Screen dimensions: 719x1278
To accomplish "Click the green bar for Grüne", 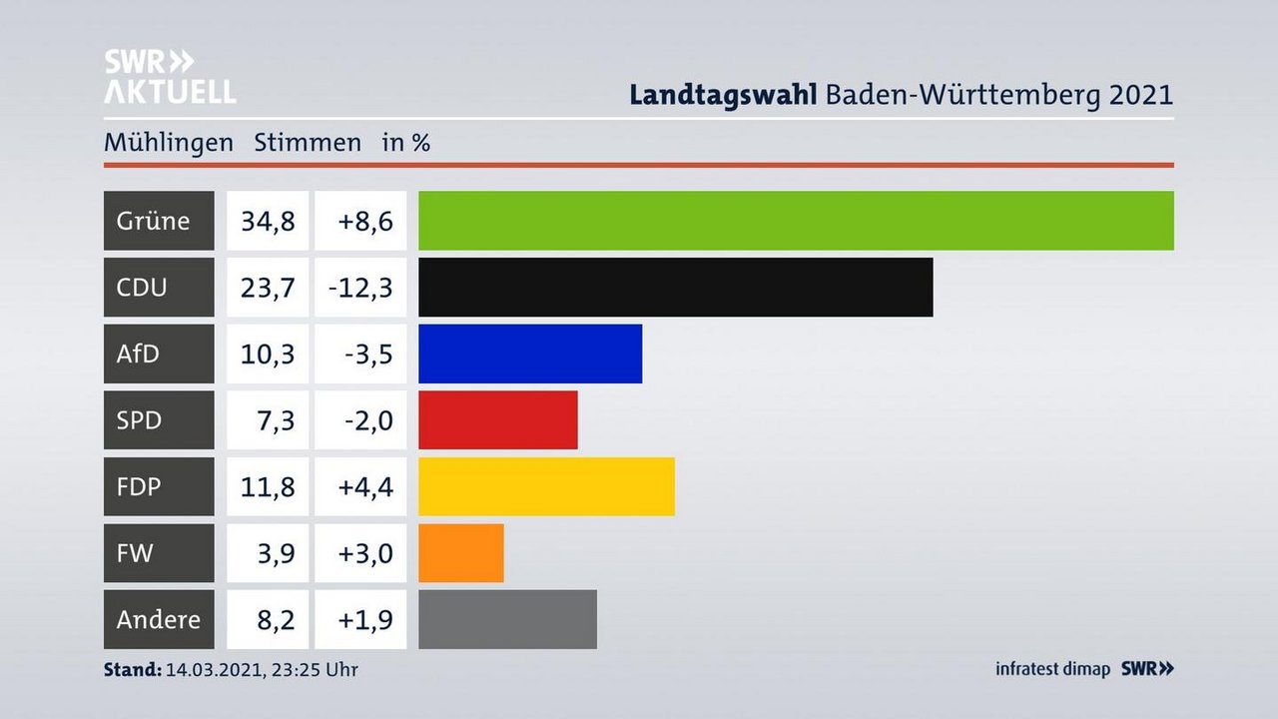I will point(796,221).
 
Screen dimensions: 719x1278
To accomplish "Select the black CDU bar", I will point(675,288).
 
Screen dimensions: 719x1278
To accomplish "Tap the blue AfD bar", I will point(530,354).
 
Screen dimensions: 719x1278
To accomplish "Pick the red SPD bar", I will point(497,420).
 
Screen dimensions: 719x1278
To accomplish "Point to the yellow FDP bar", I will point(546,486).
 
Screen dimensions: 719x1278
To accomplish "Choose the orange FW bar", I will point(460,553).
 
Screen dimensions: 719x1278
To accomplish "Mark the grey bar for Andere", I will point(507,619).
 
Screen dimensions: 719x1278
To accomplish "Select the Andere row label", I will point(158,619).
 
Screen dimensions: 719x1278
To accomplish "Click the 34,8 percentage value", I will point(268,221).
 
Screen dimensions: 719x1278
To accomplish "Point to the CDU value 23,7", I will point(268,288).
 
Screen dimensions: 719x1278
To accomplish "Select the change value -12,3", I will point(360,288).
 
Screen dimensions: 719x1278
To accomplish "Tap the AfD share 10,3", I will point(268,354).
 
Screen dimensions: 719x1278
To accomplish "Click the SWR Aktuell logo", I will point(170,76).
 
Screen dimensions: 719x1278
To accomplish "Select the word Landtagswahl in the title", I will point(724,95).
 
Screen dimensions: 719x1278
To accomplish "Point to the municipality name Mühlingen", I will point(168,143).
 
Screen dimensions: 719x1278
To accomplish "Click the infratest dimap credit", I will point(1052,669).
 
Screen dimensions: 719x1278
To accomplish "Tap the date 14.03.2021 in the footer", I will point(213,669).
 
